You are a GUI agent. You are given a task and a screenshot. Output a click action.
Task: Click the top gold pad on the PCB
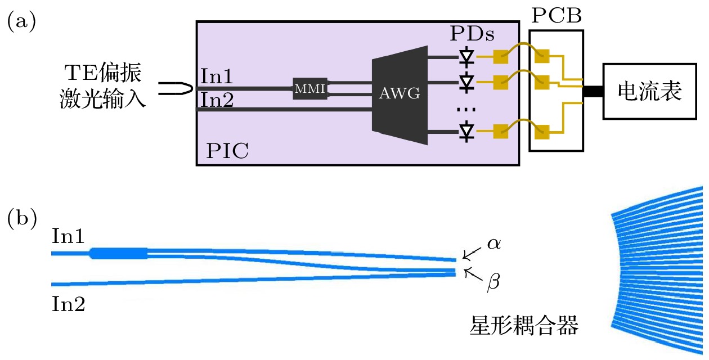542,56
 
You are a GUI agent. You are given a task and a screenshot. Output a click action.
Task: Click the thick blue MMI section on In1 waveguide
119,253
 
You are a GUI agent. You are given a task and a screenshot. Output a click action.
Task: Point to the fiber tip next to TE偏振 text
176,88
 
